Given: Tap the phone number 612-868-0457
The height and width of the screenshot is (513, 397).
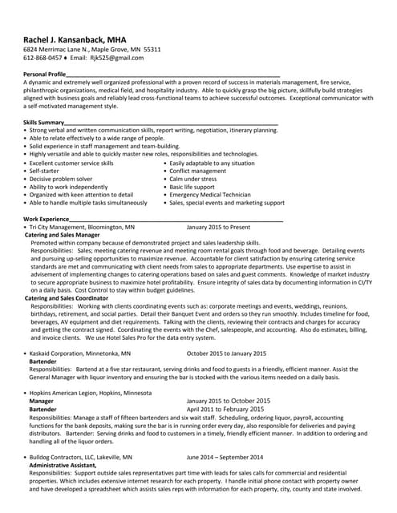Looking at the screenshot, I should [44, 59].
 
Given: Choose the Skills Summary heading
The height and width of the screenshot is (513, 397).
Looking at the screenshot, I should [43, 122].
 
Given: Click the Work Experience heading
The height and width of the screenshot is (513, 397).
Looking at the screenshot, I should [46, 218].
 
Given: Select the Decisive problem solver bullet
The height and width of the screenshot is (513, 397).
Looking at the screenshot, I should [61, 179].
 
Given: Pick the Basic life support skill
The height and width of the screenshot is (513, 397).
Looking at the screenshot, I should [197, 187].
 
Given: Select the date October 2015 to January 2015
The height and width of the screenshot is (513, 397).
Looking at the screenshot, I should [226, 353].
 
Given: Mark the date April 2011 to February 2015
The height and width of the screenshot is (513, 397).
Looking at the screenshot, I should [226, 409].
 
